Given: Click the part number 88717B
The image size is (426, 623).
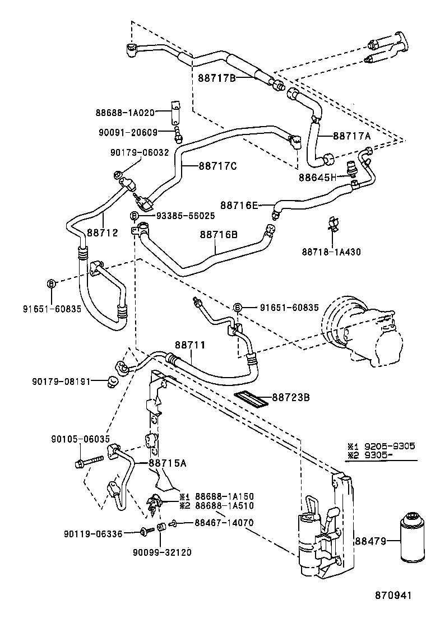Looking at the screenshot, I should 216,77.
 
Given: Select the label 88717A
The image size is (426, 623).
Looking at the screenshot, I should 352,135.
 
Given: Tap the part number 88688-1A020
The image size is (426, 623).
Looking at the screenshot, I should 124,112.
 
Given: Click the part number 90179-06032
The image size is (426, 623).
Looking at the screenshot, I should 138,152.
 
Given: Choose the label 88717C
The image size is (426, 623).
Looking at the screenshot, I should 218,166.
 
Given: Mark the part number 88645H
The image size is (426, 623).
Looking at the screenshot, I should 317,177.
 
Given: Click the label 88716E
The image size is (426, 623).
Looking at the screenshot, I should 239,206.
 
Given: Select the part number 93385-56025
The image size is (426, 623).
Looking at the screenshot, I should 177,216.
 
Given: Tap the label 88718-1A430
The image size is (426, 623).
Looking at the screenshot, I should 332,252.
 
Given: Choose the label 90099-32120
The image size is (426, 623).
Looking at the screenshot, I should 163,552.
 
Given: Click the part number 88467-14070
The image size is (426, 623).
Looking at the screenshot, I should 225,523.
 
